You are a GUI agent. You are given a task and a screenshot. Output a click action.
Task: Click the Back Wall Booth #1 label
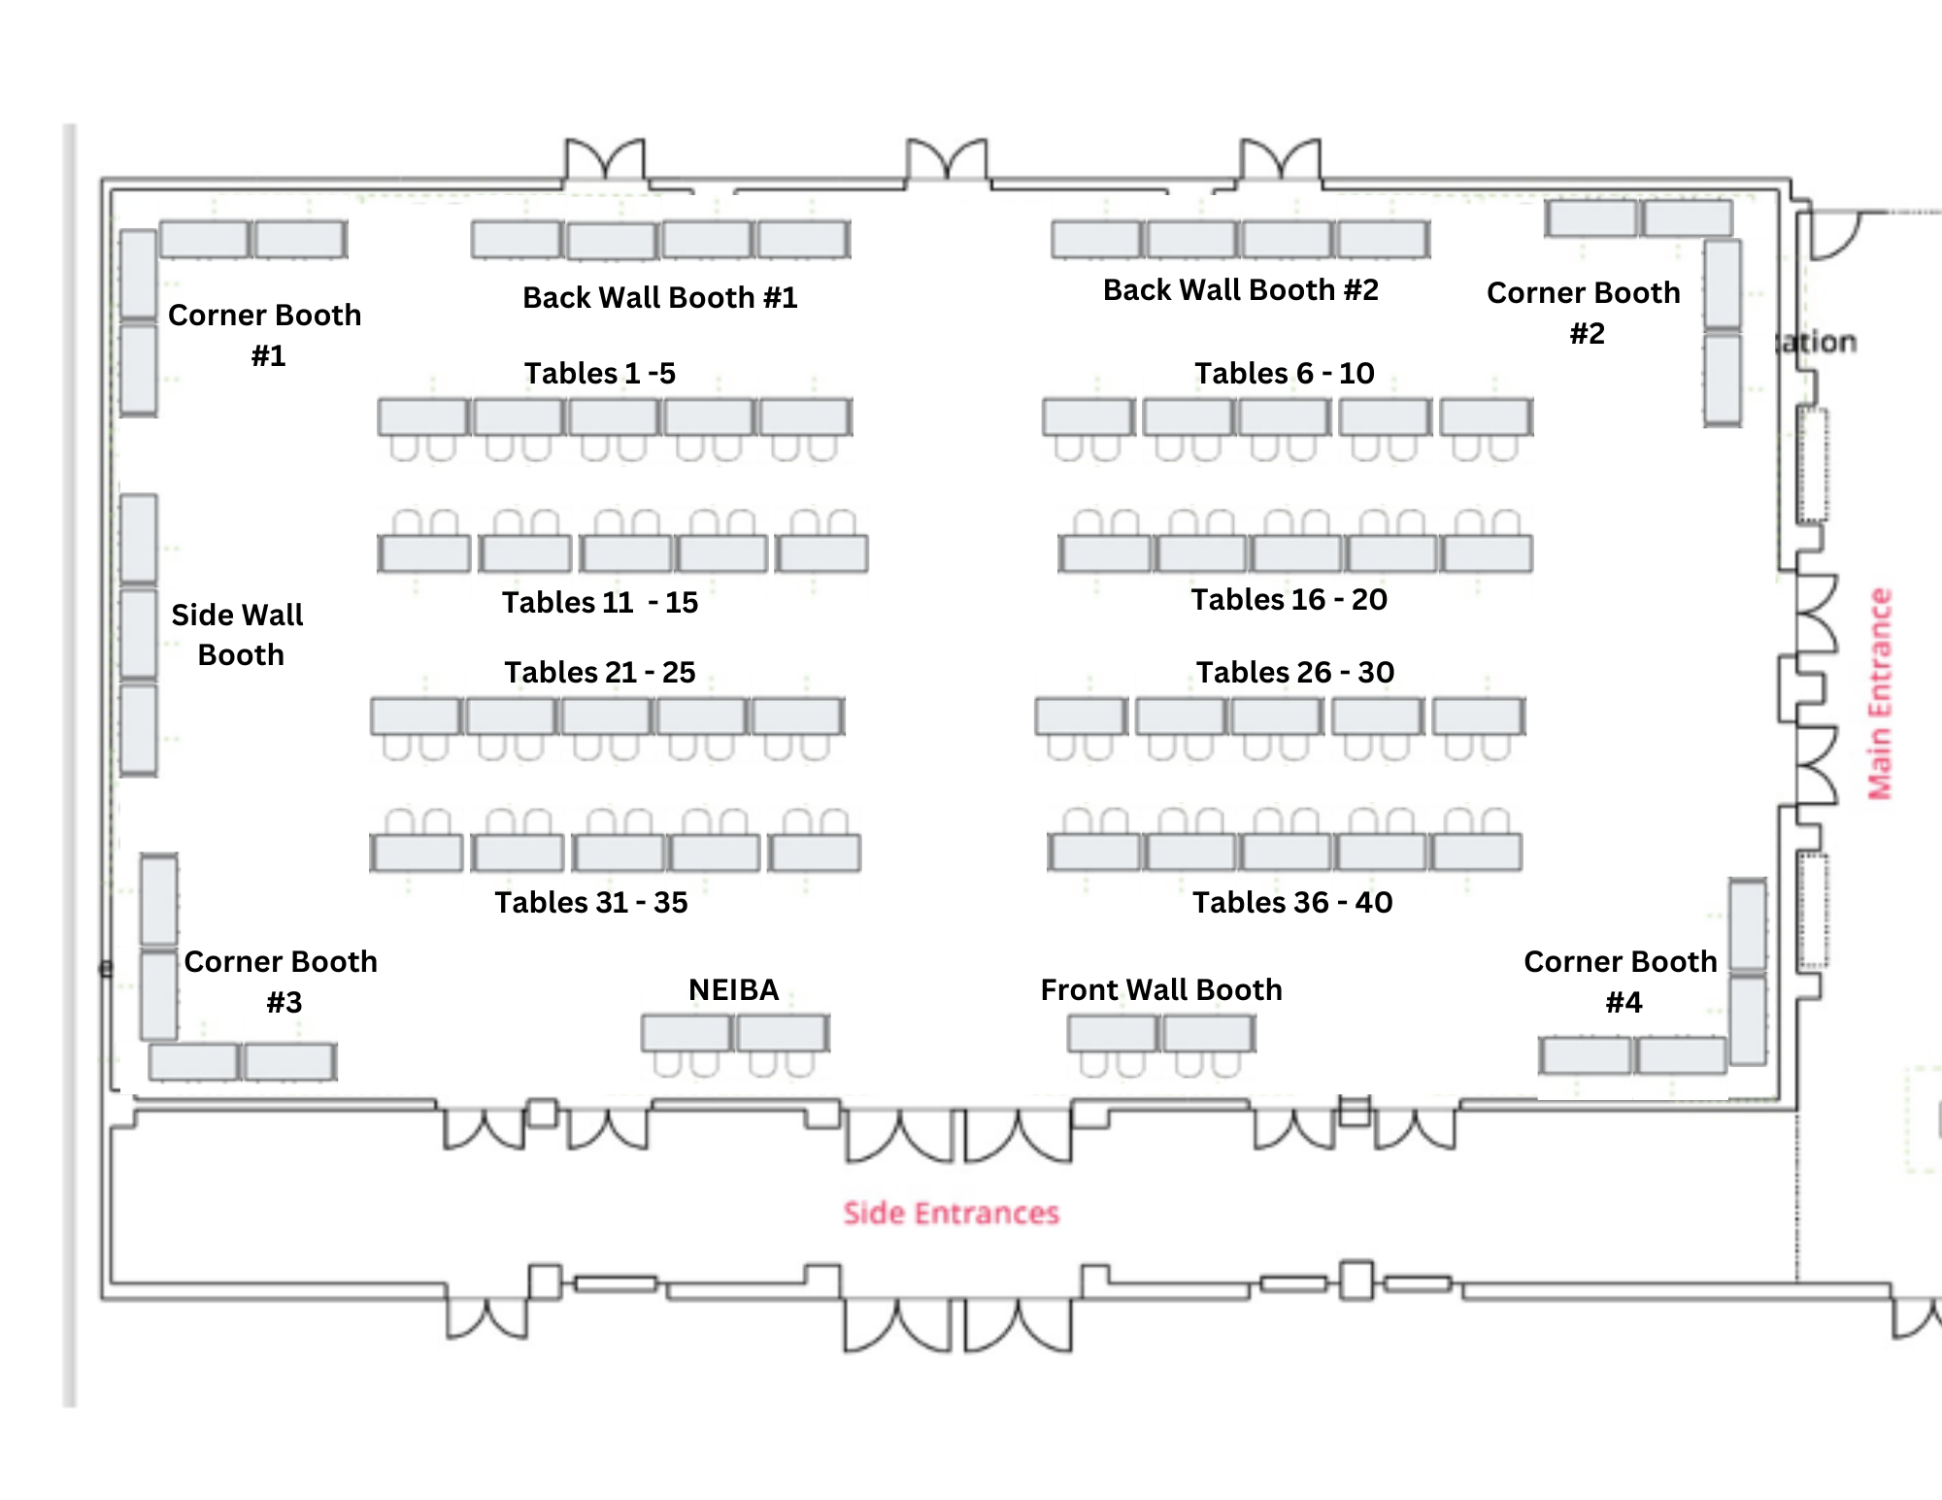659,297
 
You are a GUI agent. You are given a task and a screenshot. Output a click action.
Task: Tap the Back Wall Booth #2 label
1240,289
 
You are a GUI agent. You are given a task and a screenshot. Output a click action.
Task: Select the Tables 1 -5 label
599,373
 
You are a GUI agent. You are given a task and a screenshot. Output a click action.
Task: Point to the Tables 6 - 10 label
1284,373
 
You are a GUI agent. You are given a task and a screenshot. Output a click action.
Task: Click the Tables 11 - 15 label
599,602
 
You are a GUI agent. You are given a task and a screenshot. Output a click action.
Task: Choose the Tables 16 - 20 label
1289,599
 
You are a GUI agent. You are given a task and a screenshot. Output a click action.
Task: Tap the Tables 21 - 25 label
599,672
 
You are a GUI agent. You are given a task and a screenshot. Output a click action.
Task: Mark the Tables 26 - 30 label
1294,672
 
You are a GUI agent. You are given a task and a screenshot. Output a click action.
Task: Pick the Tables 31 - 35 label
590,902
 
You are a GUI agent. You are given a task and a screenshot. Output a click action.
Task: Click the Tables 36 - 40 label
1291,902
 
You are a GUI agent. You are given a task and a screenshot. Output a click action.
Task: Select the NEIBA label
733,989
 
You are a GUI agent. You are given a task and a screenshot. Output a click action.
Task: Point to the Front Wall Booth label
1160,989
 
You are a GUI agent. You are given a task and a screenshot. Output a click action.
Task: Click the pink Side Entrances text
951,1213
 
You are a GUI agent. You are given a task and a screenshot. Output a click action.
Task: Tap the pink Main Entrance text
1881,694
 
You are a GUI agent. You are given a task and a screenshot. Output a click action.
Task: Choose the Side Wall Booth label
238,634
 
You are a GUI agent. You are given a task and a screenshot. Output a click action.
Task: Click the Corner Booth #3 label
281,981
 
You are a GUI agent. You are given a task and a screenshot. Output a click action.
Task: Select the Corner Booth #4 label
1621,981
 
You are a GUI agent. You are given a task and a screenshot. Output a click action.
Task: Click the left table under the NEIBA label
686,1033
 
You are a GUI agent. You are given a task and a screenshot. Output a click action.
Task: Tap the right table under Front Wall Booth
1209,1033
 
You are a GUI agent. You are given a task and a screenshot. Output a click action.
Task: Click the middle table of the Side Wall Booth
139,634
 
